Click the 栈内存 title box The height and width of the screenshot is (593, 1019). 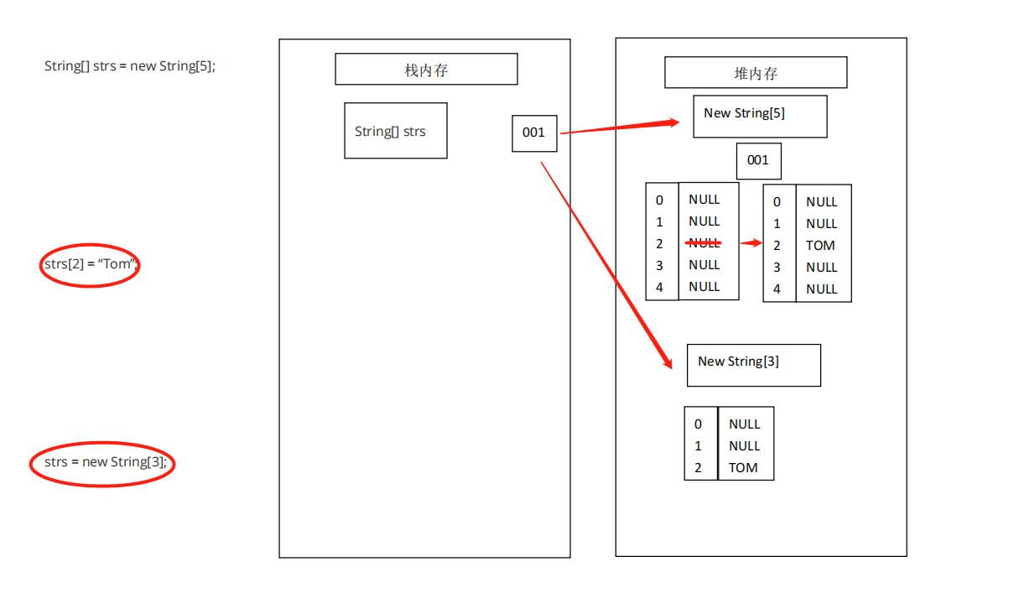click(426, 70)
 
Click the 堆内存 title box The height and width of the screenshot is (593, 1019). click(756, 73)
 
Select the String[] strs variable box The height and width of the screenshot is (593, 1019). click(395, 131)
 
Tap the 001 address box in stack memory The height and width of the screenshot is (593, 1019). click(534, 133)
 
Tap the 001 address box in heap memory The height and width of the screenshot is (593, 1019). click(758, 160)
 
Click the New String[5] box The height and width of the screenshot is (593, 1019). click(760, 116)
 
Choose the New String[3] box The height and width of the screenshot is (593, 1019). click(753, 365)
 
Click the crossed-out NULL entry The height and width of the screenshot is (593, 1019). click(704, 243)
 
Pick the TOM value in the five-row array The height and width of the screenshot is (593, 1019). click(820, 246)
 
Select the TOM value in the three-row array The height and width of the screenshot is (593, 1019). click(743, 468)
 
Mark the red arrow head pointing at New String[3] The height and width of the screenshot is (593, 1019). click(668, 362)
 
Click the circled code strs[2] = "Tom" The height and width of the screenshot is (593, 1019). click(90, 264)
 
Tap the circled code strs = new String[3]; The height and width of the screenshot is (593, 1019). click(102, 462)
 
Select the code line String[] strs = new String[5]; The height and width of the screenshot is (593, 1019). click(130, 65)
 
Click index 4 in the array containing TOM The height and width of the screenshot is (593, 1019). click(777, 289)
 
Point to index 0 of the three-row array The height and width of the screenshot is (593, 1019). click(698, 424)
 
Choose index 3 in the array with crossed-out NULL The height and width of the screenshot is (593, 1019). click(660, 265)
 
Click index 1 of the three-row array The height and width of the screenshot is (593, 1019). click(698, 446)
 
